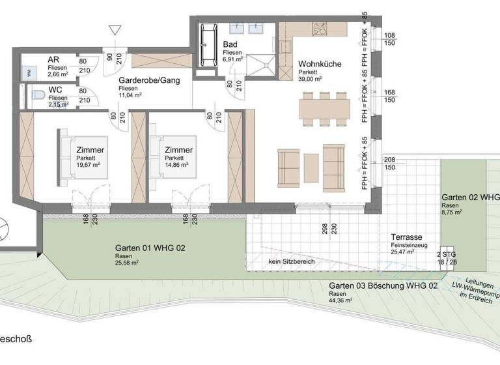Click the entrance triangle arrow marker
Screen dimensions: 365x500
[x=115, y=30]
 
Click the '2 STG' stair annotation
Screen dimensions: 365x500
[x=447, y=254]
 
